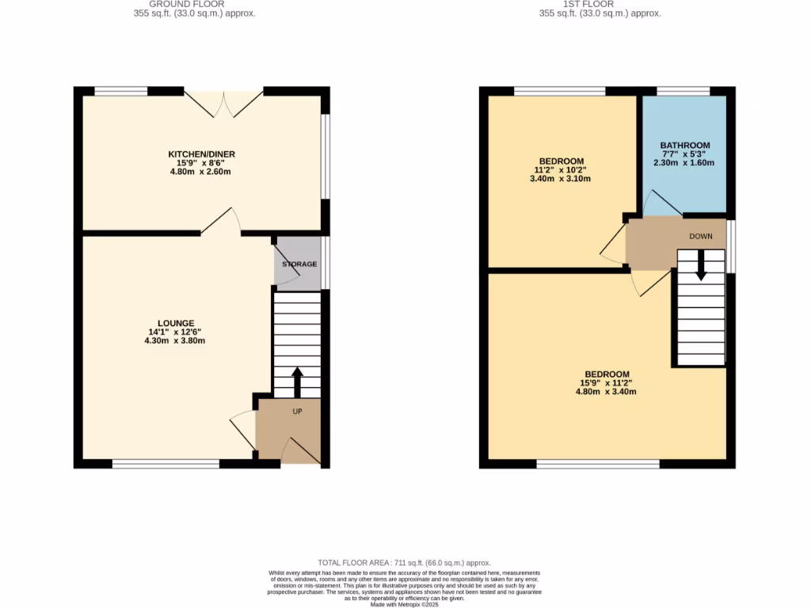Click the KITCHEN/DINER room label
201,154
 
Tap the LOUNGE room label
176,323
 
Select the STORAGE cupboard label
299,264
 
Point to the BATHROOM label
685,146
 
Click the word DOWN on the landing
701,237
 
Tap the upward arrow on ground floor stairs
298,382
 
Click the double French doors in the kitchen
224,104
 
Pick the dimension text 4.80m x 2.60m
201,172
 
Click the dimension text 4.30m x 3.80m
176,340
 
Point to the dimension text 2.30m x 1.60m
685,163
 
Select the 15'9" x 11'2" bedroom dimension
607,383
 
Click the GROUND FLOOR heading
195,4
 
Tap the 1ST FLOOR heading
600,4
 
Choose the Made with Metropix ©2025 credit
404,604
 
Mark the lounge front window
166,464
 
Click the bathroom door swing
661,204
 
